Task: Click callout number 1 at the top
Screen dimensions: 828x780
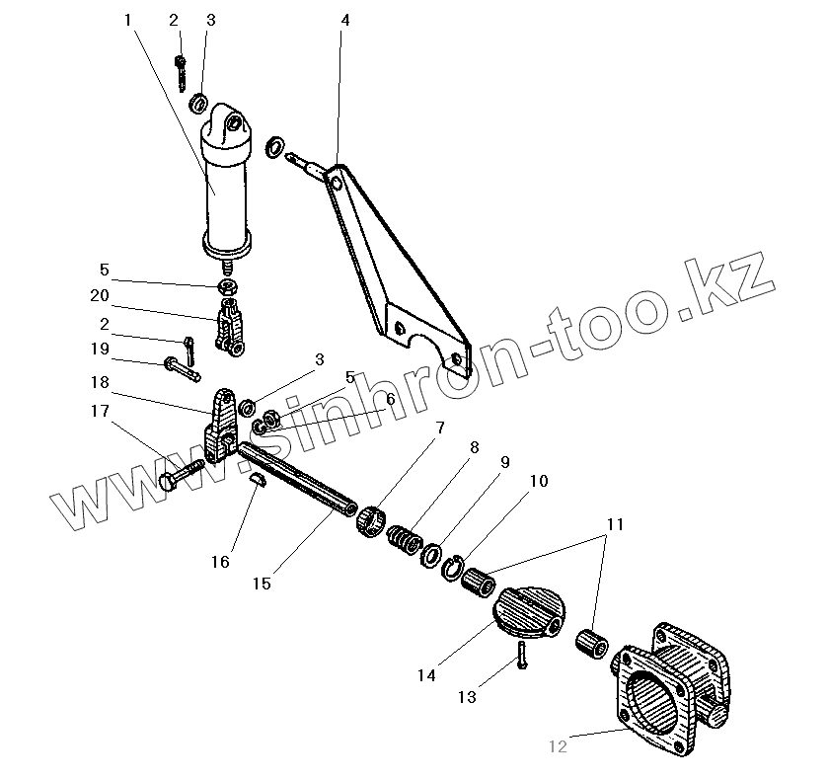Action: (128, 20)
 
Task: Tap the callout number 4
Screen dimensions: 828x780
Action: (343, 20)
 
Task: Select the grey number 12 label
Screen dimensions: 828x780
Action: (558, 747)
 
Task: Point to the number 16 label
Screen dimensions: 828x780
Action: (219, 562)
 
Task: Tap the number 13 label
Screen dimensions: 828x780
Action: (466, 697)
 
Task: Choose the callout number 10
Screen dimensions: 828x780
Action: (538, 481)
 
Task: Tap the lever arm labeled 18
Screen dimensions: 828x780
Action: (220, 425)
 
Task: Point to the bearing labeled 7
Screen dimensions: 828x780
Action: (370, 518)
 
